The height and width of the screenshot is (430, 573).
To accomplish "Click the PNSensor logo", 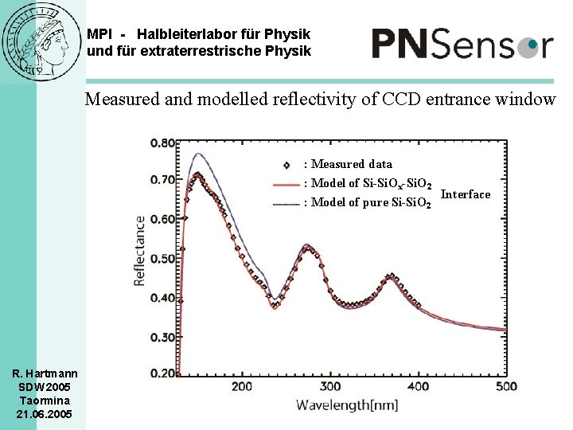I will pyautogui.click(x=462, y=43).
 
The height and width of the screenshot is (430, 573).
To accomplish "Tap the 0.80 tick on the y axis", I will pyautogui.click(x=162, y=143).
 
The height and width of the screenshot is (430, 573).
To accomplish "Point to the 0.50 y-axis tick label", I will pyautogui.click(x=162, y=259).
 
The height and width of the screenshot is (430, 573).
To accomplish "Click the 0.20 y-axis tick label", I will pyautogui.click(x=162, y=373).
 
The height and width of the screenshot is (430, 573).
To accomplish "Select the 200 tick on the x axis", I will pyautogui.click(x=242, y=387).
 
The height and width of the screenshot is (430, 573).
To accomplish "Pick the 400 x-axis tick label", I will pyautogui.click(x=419, y=387).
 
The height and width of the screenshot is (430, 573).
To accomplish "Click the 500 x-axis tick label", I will pyautogui.click(x=506, y=387).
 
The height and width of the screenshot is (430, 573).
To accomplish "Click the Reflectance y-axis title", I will pyautogui.click(x=140, y=251).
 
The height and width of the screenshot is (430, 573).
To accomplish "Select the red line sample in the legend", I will pyautogui.click(x=286, y=184).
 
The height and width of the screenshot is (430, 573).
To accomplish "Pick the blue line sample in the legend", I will pyautogui.click(x=286, y=203).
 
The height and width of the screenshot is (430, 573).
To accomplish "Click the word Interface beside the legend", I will pyautogui.click(x=466, y=194).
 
